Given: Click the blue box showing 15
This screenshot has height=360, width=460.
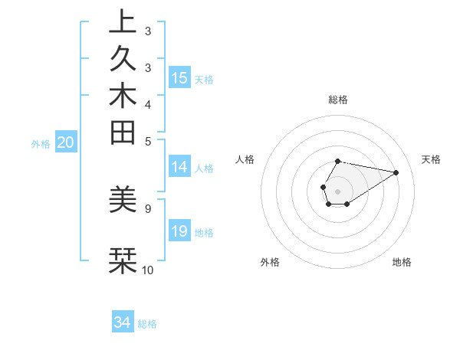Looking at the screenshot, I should click(179, 78).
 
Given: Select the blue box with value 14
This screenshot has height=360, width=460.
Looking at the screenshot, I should click(179, 168).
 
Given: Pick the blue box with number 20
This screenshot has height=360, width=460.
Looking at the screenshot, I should click(66, 142).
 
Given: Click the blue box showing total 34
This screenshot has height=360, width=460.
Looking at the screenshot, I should click(123, 323).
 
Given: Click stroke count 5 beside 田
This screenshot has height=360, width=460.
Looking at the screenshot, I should click(147, 141).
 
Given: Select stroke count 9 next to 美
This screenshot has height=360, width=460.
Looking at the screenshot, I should click(147, 207).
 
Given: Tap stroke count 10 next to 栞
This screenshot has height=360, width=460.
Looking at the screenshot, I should click(148, 270).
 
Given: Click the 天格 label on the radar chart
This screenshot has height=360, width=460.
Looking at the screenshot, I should click(431, 159).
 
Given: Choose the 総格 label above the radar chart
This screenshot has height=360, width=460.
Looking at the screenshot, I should click(337, 100).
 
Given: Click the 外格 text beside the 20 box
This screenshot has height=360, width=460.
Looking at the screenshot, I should click(41, 143).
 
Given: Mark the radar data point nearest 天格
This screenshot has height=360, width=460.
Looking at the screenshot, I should click(396, 172).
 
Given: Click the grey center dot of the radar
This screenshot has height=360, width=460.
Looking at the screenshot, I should click(337, 191).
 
